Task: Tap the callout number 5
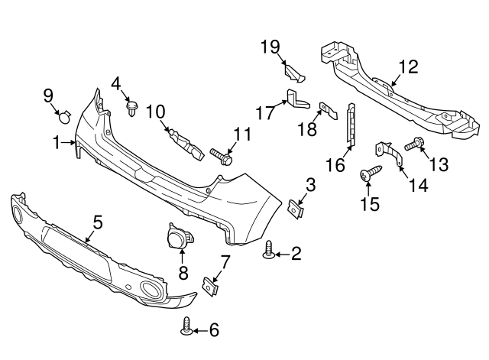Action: point(98,222)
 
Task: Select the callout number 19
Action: point(269,47)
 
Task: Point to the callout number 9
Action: point(47,96)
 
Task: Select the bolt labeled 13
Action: point(417,142)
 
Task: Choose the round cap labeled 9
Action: point(65,117)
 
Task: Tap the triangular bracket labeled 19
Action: point(294,72)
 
